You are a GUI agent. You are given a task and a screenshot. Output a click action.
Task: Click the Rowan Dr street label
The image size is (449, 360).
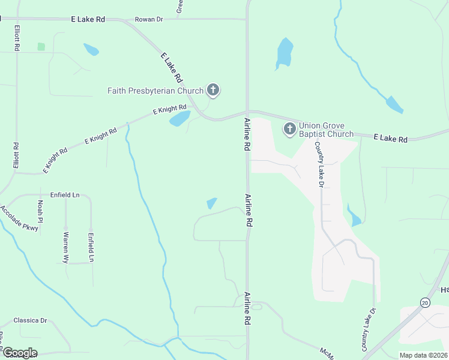click(x=149, y=19)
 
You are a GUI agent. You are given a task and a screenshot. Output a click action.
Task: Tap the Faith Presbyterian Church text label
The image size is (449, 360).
click(x=155, y=91)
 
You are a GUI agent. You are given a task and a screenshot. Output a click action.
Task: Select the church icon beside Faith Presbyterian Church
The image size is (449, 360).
click(x=212, y=91)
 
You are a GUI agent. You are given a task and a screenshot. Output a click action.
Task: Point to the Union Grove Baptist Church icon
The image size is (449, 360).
click(x=290, y=128)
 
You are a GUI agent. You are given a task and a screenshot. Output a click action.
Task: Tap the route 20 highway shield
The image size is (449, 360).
click(x=426, y=302)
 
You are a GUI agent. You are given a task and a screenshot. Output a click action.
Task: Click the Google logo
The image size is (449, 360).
click(x=20, y=353)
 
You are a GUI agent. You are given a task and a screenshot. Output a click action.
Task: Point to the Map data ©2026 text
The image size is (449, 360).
click(x=423, y=355)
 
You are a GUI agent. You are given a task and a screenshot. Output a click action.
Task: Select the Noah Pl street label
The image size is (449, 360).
click(x=40, y=210)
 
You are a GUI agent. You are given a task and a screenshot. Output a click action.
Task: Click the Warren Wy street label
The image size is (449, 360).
click(x=65, y=248)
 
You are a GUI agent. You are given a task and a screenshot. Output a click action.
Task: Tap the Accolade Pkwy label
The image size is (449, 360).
click(x=19, y=218)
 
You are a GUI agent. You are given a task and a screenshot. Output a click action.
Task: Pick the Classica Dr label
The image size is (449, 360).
click(x=30, y=320)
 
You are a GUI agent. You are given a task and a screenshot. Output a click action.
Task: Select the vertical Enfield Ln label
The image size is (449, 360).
click(x=91, y=247)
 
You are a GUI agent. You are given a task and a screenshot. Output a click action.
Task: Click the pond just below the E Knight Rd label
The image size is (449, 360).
click(x=179, y=119)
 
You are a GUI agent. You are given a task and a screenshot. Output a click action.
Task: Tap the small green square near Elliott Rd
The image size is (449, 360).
click(x=41, y=46)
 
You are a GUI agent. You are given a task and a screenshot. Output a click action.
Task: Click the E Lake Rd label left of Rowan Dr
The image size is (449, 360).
click(x=88, y=19)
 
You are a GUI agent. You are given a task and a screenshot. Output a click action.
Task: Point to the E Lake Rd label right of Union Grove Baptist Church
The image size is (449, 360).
click(x=390, y=139)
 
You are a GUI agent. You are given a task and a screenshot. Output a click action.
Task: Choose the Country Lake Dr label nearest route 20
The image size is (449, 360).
click(x=368, y=330)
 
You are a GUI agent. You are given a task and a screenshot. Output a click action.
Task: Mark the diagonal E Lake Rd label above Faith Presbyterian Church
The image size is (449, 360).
click(x=172, y=68)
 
